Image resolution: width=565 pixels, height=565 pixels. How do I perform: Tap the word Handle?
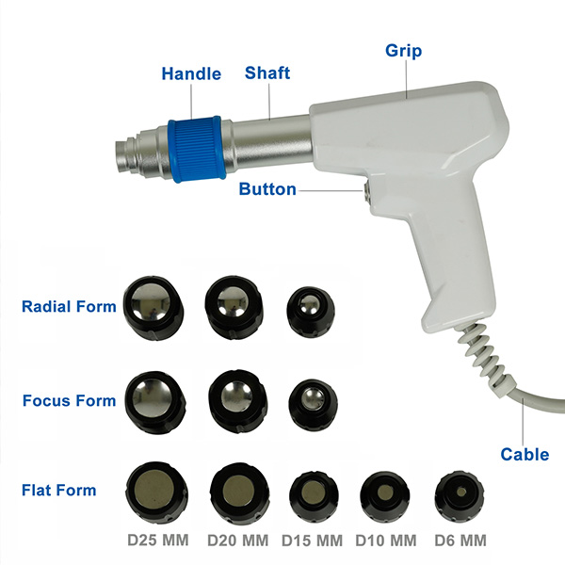(x=191, y=73)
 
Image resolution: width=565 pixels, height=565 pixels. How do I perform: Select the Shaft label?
(x=267, y=73)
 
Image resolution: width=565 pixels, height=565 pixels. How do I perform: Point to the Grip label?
(x=403, y=51)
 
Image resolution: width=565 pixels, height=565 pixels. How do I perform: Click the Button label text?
(x=267, y=189)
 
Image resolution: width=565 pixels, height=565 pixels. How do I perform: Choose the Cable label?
(x=525, y=455)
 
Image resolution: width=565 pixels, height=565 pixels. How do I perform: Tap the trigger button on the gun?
(x=365, y=191)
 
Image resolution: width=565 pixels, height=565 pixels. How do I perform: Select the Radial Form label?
(x=69, y=307)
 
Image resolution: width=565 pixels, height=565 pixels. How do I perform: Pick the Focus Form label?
(x=69, y=401)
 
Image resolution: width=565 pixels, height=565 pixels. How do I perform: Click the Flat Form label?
(x=59, y=491)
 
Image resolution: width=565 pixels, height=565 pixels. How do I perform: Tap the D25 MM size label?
(x=158, y=541)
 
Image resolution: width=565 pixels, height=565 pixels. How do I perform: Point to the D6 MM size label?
(x=460, y=541)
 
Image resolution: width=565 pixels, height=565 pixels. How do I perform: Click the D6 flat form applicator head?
(x=460, y=494)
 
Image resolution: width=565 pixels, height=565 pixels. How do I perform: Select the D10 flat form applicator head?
(x=385, y=494)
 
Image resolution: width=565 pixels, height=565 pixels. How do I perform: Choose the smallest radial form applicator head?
(x=311, y=312)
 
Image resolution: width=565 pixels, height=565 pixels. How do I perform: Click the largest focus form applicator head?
(x=155, y=402)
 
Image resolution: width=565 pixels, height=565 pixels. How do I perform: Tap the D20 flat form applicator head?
(x=239, y=492)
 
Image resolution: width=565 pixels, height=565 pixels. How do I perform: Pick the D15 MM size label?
(x=312, y=541)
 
